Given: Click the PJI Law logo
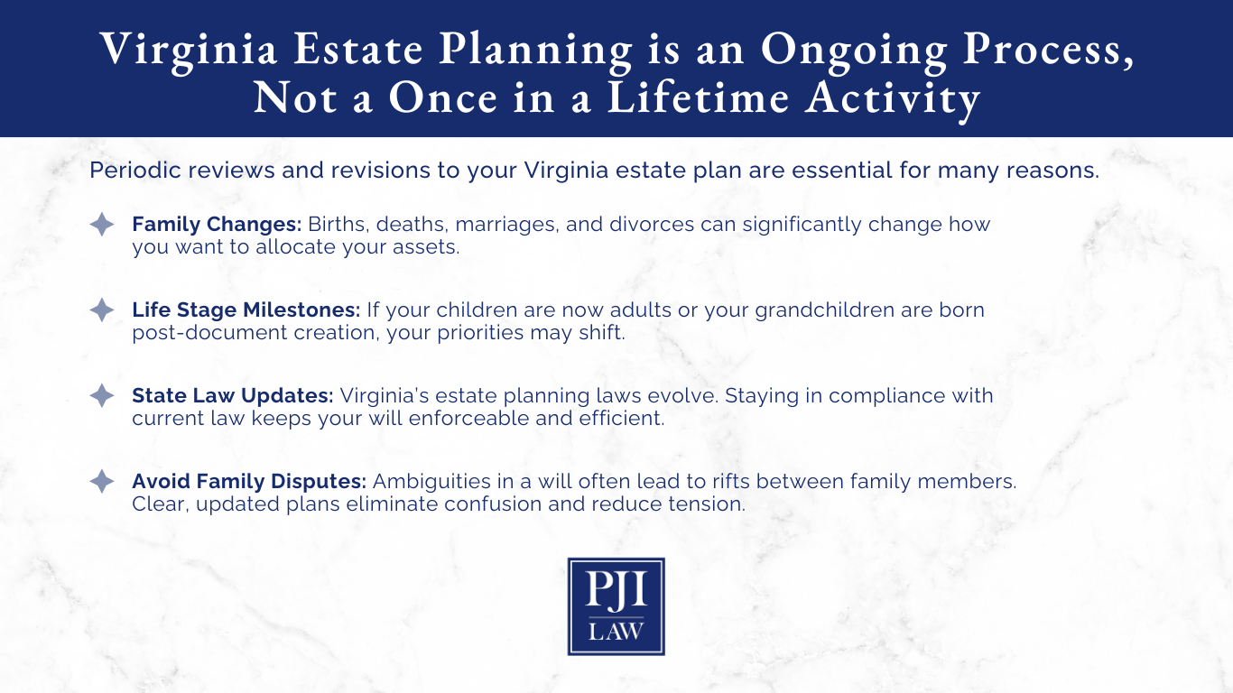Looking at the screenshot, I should [x=616, y=605].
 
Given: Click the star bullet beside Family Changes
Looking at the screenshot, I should [x=102, y=225].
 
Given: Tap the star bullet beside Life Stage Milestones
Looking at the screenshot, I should [x=102, y=310].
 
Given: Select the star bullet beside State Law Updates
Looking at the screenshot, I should [x=102, y=396].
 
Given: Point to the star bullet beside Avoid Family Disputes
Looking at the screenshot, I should [x=102, y=482].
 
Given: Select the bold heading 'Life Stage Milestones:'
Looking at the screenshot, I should [x=246, y=310].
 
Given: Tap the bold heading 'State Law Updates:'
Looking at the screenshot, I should [x=233, y=396].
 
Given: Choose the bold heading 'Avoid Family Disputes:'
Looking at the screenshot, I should [x=249, y=482].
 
